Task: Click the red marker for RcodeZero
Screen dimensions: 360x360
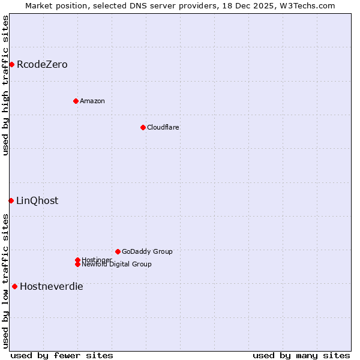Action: point(11,64)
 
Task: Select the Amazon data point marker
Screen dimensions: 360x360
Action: point(76,101)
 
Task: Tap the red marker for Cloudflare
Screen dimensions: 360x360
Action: point(143,127)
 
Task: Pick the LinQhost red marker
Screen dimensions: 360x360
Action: point(11,200)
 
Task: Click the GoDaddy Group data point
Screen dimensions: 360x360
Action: point(118,251)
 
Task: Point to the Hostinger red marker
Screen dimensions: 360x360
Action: point(77,260)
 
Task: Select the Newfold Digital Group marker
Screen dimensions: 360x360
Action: point(77,264)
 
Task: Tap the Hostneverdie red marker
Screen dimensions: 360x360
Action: point(14,286)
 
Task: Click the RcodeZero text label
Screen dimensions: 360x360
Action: point(42,64)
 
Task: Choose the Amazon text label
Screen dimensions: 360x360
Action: point(92,101)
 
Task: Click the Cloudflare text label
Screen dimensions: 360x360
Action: point(163,127)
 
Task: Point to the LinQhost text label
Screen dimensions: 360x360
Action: point(37,200)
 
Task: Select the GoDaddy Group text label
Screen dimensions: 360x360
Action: point(147,251)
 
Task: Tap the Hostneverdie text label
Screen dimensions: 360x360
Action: point(52,286)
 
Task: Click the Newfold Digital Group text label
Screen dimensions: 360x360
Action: point(117,264)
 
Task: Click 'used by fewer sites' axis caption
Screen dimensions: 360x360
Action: point(62,355)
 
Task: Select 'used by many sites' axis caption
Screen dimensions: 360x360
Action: point(301,355)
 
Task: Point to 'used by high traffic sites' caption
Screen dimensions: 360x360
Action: point(6,85)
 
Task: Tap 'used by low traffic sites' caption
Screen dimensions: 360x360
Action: point(6,281)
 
